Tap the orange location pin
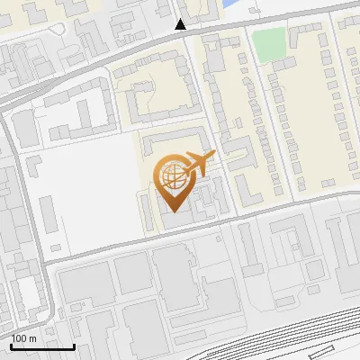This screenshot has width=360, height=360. click(173, 181)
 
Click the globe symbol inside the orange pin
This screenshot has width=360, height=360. click(172, 174)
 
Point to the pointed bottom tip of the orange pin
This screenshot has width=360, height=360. click(173, 210)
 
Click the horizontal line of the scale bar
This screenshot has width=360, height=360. click(42, 346)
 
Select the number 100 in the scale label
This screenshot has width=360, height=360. click(20, 338)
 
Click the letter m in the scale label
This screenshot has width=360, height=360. click(32, 338)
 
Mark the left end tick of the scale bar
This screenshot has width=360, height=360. click(11, 345)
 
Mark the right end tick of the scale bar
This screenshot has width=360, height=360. click(74, 345)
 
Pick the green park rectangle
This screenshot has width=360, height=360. click(267, 44)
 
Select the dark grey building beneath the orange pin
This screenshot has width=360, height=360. click(180, 216)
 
